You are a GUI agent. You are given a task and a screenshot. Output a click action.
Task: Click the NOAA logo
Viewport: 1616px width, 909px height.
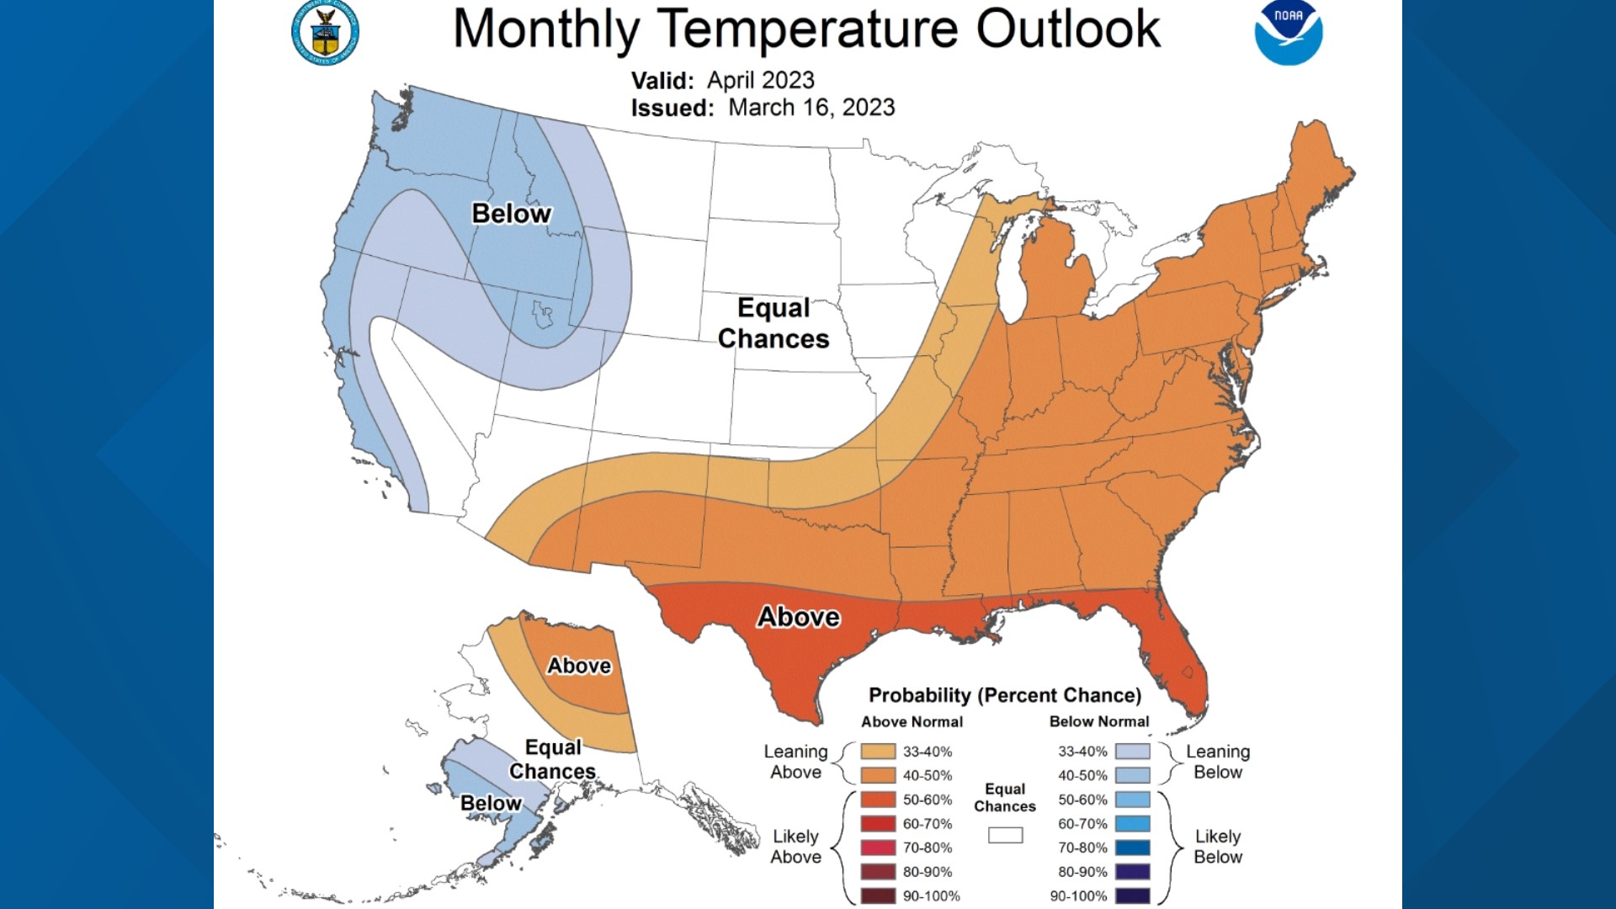coord(1288,34)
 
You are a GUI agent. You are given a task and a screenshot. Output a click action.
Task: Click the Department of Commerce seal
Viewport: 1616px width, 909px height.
coord(326,34)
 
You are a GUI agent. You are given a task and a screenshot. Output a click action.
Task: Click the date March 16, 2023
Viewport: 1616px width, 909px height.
coord(811,108)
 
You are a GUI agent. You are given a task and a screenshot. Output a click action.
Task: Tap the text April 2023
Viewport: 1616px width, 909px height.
coord(761,80)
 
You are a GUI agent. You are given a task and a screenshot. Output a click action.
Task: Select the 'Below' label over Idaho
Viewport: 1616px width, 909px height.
coord(511,214)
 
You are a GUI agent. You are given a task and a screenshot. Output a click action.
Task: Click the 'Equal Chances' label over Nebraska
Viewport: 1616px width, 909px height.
coord(773,323)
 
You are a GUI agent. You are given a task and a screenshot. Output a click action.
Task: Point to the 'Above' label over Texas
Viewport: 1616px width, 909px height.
coord(798,617)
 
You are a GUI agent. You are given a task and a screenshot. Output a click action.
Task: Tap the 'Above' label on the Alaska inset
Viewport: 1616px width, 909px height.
coord(579,666)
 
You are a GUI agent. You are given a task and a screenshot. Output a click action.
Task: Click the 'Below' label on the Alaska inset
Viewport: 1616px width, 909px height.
coord(491,803)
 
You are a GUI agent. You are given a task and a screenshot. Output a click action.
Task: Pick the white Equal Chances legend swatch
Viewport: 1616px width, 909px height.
coord(1005,835)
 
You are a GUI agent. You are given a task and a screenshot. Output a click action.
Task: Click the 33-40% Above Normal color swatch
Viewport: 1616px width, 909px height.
coord(878,751)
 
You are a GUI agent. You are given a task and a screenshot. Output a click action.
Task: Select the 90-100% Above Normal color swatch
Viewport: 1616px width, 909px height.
coord(878,896)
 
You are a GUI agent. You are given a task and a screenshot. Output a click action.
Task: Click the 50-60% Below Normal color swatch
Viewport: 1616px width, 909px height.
coord(1132,800)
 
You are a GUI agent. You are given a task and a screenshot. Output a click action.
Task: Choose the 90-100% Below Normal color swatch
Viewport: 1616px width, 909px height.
coord(1132,896)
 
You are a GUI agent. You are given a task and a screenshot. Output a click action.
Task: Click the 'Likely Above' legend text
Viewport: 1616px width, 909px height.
coord(795,847)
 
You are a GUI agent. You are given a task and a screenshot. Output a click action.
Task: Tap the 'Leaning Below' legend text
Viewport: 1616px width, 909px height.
coord(1218,762)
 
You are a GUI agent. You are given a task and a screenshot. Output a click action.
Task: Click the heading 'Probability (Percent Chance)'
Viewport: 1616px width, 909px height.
coord(1005,695)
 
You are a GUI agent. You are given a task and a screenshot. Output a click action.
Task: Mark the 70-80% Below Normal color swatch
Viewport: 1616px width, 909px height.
coord(1132,848)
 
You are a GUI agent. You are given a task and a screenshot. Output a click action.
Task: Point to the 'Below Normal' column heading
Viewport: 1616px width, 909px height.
coord(1098,721)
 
